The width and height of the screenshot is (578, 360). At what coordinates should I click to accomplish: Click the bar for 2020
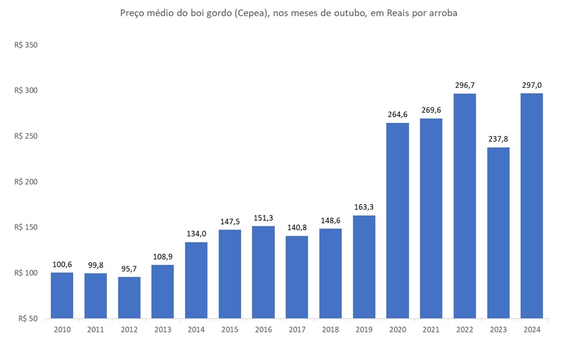[398, 220]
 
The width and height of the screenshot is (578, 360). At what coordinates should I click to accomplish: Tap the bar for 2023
[498, 232]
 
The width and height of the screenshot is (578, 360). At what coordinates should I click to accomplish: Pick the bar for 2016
[263, 272]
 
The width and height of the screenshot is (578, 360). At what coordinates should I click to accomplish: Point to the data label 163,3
[364, 207]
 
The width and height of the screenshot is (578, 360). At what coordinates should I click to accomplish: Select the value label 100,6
[62, 264]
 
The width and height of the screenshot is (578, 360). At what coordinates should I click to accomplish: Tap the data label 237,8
[498, 139]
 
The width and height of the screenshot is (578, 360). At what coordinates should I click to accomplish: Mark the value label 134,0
[196, 234]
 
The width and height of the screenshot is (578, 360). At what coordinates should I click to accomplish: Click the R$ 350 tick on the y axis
[26, 45]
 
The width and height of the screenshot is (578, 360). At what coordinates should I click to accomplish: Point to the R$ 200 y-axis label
[26, 182]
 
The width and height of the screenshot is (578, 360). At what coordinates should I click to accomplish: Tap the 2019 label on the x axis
[364, 329]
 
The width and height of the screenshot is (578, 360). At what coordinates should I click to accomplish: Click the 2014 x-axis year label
[196, 329]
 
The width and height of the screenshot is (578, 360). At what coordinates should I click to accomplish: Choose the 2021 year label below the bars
[431, 329]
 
